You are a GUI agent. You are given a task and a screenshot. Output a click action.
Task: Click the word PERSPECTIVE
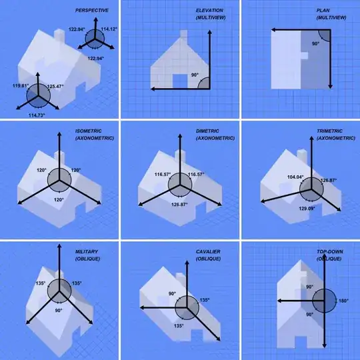pyautogui.click(x=92, y=10)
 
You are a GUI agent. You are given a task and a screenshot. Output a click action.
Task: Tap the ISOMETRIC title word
pyautogui.click(x=89, y=131)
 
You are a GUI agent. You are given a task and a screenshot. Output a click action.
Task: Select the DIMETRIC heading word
pyautogui.click(x=207, y=131)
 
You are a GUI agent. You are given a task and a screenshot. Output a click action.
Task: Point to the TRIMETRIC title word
pyautogui.click(x=330, y=131)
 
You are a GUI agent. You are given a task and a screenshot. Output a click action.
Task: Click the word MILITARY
pyautogui.click(x=87, y=251)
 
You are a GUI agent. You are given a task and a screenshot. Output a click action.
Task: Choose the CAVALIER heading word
pyautogui.click(x=208, y=251)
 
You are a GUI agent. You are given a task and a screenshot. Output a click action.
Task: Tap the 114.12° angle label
pyautogui.click(x=109, y=29)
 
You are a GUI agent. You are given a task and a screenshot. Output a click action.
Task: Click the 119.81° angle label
pyautogui.click(x=21, y=85)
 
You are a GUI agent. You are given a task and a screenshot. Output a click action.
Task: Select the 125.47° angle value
pyautogui.click(x=55, y=86)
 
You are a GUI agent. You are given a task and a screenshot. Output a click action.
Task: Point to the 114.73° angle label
pyautogui.click(x=37, y=115)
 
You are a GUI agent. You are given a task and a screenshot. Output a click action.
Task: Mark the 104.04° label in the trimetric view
pyautogui.click(x=295, y=177)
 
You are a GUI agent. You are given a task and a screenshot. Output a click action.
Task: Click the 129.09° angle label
pyautogui.click(x=307, y=209)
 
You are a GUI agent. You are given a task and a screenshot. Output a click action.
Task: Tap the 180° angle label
pyautogui.click(x=344, y=301)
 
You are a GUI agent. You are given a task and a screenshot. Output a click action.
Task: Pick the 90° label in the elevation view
pyautogui.click(x=195, y=75)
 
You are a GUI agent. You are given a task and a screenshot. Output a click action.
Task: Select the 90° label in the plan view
pyautogui.click(x=316, y=43)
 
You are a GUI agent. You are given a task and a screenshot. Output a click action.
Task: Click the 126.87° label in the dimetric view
pyautogui.click(x=179, y=205)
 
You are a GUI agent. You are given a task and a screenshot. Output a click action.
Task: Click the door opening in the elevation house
pyautogui.click(x=180, y=81)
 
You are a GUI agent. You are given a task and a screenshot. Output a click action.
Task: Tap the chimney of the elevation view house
pyautogui.click(x=184, y=34)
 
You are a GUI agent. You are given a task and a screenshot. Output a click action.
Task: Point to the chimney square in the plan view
pyautogui.click(x=305, y=55)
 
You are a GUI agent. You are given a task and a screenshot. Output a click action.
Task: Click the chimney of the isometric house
pyautogui.click(x=59, y=157)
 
